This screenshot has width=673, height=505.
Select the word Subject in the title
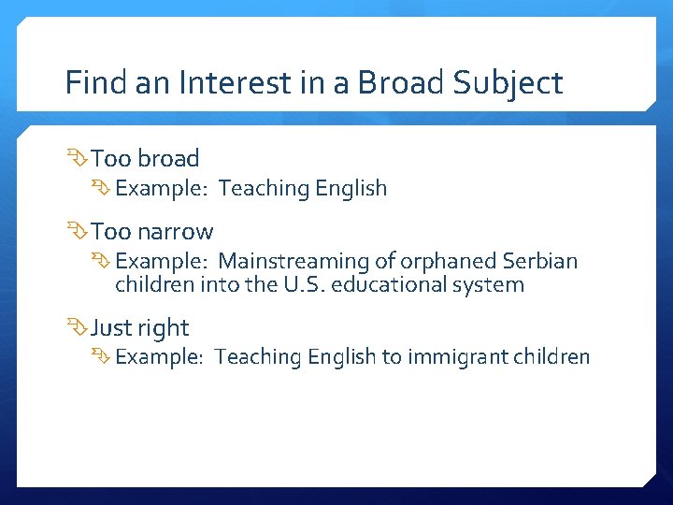pyautogui.click(x=508, y=83)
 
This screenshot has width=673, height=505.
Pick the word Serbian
pyautogui.click(x=540, y=261)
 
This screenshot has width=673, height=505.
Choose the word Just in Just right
pyautogui.click(x=111, y=328)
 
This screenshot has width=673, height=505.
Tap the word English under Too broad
pyautogui.click(x=351, y=188)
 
